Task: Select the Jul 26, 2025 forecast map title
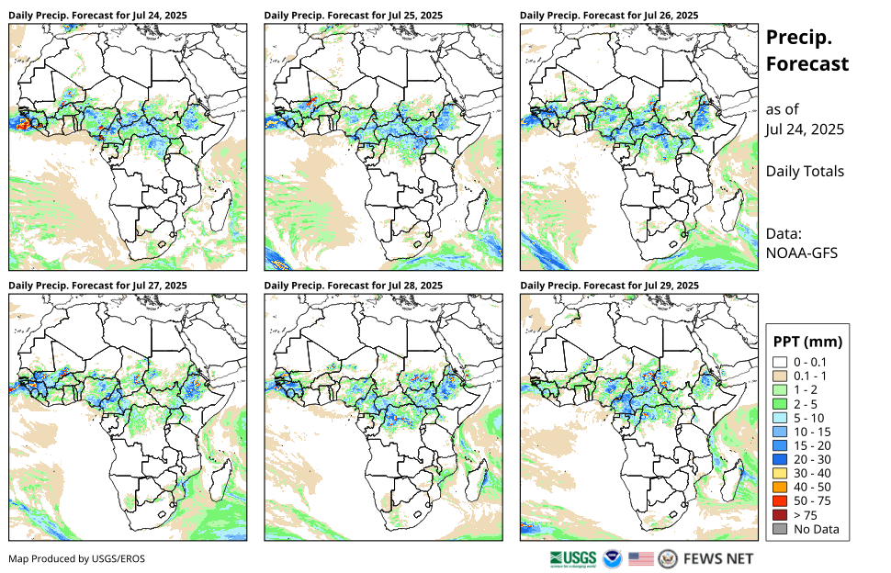click(609, 16)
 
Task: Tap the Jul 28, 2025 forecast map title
click(353, 286)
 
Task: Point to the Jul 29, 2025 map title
click(609, 286)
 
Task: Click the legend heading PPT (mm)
click(808, 342)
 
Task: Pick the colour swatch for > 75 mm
click(781, 515)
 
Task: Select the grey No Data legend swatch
click(781, 529)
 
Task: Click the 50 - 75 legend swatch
click(781, 501)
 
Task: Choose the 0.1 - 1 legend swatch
click(781, 376)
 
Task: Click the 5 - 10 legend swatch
click(781, 418)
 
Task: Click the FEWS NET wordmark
click(718, 558)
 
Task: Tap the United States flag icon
click(641, 558)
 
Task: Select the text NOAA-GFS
click(799, 252)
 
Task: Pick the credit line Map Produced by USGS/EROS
click(76, 558)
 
